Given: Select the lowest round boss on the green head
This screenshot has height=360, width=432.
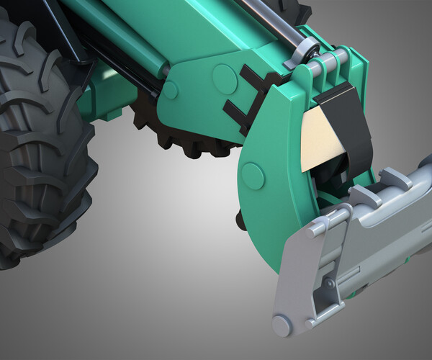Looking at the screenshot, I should (253, 175).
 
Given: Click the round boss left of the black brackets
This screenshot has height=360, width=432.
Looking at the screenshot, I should (225, 74).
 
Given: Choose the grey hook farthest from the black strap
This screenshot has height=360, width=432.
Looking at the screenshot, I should (396, 176).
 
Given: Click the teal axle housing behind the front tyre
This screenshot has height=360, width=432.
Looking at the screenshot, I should (108, 94).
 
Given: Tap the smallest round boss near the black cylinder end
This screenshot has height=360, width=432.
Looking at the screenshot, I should (171, 90).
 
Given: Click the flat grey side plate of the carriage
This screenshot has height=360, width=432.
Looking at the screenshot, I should (302, 274).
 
